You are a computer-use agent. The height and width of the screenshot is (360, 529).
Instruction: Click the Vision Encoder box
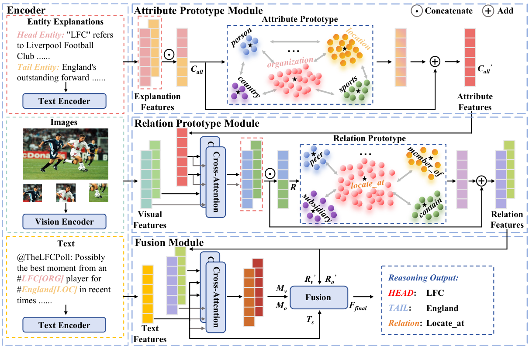click(x=64, y=222)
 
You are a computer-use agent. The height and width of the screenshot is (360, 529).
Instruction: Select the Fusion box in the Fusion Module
click(x=319, y=298)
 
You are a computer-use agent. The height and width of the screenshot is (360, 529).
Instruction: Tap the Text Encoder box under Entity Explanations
click(x=64, y=101)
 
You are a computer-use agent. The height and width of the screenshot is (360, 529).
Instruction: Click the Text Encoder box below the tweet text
click(x=64, y=325)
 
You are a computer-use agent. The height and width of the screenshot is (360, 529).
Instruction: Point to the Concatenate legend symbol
click(x=417, y=11)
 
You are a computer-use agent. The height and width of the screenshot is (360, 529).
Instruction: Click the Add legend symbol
click(x=488, y=11)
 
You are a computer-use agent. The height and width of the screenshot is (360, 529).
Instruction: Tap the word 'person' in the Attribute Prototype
click(x=241, y=37)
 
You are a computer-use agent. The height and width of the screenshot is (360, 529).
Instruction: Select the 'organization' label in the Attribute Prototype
click(x=290, y=62)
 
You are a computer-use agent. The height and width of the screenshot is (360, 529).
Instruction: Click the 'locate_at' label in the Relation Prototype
click(x=367, y=184)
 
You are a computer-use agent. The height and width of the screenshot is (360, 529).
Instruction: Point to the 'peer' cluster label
click(x=316, y=159)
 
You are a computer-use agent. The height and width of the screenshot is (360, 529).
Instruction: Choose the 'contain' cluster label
click(x=431, y=208)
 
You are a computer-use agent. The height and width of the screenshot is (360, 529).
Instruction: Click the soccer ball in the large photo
click(x=82, y=168)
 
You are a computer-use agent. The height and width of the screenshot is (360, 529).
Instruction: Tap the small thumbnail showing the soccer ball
click(x=98, y=193)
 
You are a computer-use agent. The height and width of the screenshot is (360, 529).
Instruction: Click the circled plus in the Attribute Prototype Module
click(x=435, y=62)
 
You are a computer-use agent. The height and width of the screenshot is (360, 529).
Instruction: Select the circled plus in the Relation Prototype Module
click(x=481, y=181)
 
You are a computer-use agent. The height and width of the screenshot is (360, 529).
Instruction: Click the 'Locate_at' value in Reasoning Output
click(x=445, y=323)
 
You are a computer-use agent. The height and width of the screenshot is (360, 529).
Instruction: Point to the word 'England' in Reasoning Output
click(x=443, y=308)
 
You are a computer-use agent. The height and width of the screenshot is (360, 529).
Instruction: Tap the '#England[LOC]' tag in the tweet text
click(x=47, y=290)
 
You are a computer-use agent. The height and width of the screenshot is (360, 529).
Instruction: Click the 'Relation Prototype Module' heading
click(x=197, y=123)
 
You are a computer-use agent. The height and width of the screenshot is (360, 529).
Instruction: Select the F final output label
click(x=358, y=306)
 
